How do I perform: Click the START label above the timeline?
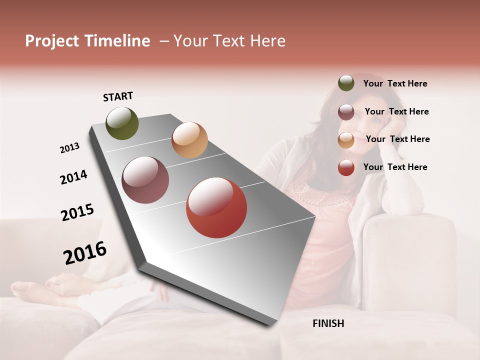coord(118,96)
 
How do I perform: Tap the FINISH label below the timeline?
coord(328,323)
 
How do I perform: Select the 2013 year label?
coord(69,148)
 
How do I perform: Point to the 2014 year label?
coord(73,177)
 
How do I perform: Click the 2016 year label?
coord(85,252)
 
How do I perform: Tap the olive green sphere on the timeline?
coord(122,123)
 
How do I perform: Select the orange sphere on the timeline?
coord(189,140)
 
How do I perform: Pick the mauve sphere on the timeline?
coord(145,180)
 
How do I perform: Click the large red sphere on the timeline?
coord(216,207)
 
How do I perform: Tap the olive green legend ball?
coord(346,83)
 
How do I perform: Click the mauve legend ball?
coord(346,112)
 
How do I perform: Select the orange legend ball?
coord(346,140)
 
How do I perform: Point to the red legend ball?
coord(346,167)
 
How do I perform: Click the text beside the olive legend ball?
coord(395,83)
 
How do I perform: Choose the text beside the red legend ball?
coord(395,167)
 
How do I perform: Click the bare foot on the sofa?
coord(30,290)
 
